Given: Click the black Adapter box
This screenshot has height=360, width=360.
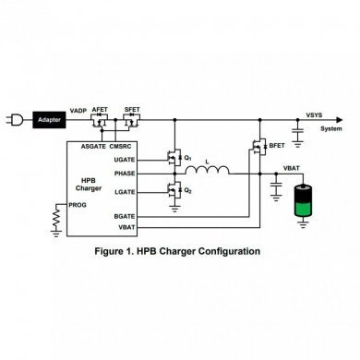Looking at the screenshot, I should click(44, 119).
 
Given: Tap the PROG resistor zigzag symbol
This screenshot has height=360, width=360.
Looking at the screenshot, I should click(58, 218).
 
